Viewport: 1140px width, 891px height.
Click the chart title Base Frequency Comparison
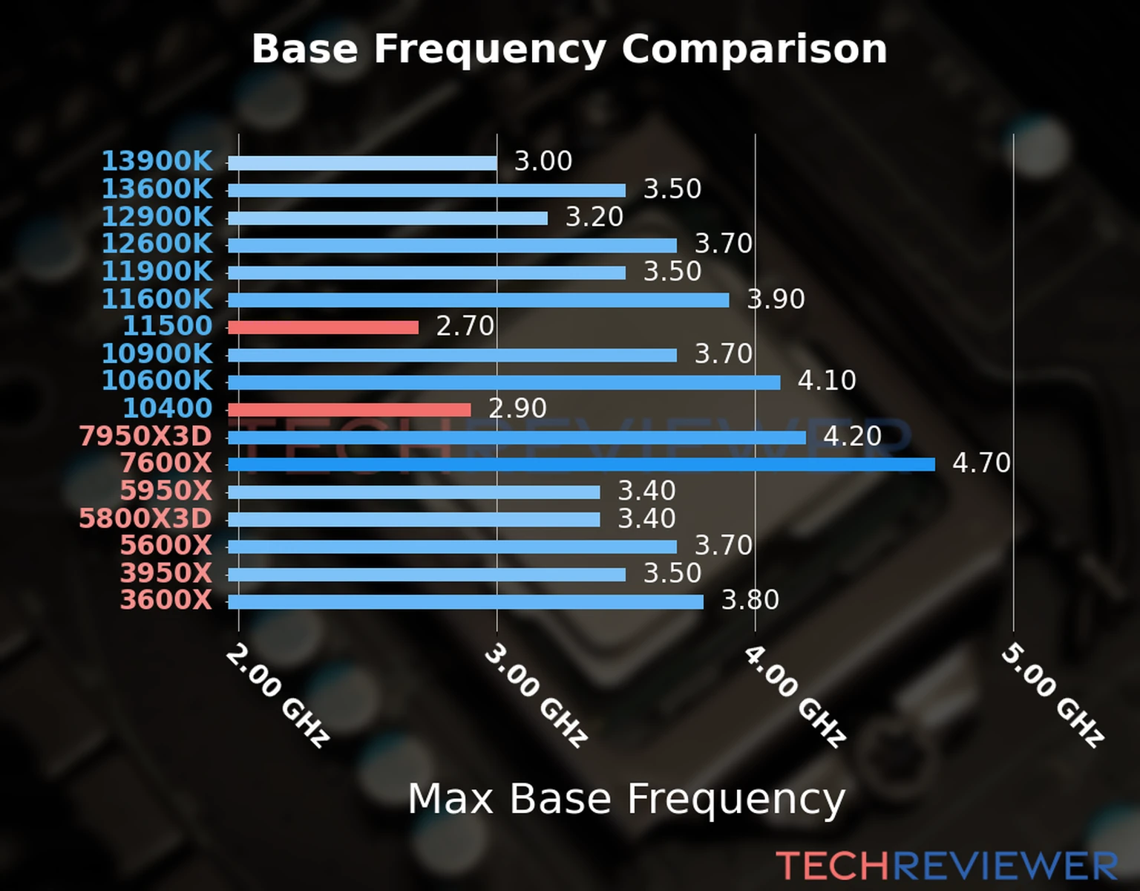(569, 49)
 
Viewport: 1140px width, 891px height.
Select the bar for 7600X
(581, 465)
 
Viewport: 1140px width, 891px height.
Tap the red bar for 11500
(323, 327)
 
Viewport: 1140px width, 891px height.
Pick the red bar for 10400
(349, 410)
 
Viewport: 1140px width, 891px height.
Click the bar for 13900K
(362, 163)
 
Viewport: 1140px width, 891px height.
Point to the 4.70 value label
(981, 463)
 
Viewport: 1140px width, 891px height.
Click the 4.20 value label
(852, 436)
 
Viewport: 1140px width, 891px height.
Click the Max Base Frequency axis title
(626, 799)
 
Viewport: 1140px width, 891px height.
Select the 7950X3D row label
(145, 436)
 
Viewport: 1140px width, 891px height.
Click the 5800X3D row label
(145, 518)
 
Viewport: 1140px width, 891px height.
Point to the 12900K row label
(157, 217)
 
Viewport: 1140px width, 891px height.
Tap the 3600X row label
(166, 600)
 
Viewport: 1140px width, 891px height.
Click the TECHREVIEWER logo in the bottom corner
(946, 866)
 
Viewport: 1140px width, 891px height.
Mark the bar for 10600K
(504, 382)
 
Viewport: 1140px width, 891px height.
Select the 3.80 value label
(750, 600)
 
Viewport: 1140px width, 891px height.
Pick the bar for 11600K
(478, 300)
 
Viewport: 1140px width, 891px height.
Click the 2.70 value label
(465, 326)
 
